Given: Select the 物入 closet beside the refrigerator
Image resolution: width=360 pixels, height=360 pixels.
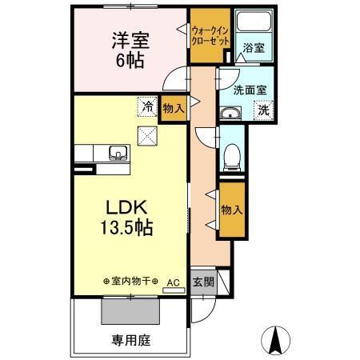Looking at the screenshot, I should [x=173, y=108].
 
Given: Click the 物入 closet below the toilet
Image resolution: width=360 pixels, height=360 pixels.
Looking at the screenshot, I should [x=232, y=210].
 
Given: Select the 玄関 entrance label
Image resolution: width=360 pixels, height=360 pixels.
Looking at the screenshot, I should [x=203, y=282].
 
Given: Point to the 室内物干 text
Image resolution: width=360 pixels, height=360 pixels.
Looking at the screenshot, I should [x=131, y=282].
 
